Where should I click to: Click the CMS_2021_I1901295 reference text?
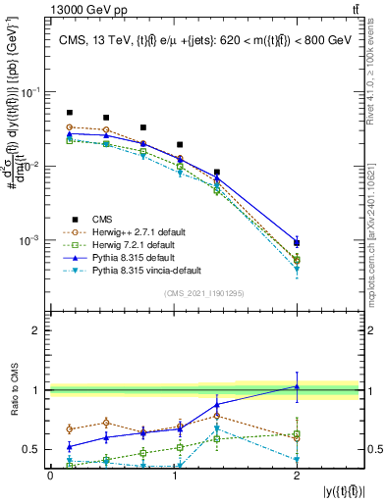pyautogui.click(x=204, y=292)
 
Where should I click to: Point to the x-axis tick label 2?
pyautogui.click(x=297, y=476)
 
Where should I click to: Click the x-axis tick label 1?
pyautogui.click(x=173, y=476)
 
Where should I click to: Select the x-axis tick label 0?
pyautogui.click(x=50, y=476)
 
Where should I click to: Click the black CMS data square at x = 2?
pyautogui.click(x=297, y=242)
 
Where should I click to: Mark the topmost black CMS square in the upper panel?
pyautogui.click(x=69, y=113)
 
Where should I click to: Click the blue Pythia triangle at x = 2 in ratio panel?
pyautogui.click(x=297, y=386)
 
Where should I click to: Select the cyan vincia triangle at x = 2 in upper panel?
pyautogui.click(x=297, y=270)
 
